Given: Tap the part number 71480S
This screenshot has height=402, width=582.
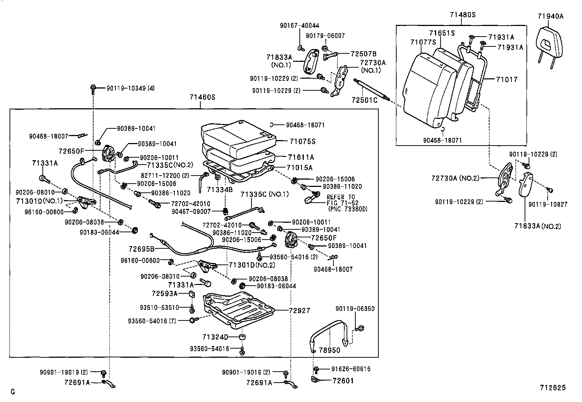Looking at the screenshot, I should pyautogui.click(x=462, y=15).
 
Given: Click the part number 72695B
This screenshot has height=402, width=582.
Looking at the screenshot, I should pyautogui.click(x=141, y=249).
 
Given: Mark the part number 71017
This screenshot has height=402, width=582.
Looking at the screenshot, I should pyautogui.click(x=507, y=79).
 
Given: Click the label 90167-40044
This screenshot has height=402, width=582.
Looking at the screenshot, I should pyautogui.click(x=299, y=26).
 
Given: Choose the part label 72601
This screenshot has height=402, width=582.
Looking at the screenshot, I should pyautogui.click(x=343, y=380).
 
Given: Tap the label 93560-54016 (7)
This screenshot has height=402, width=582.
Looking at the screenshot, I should pyautogui.click(x=152, y=321).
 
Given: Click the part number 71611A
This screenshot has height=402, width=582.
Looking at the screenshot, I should pyautogui.click(x=301, y=157).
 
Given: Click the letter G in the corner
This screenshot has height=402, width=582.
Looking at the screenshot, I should pyautogui.click(x=13, y=392).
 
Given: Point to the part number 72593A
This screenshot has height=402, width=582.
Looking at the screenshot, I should pyautogui.click(x=165, y=293).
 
